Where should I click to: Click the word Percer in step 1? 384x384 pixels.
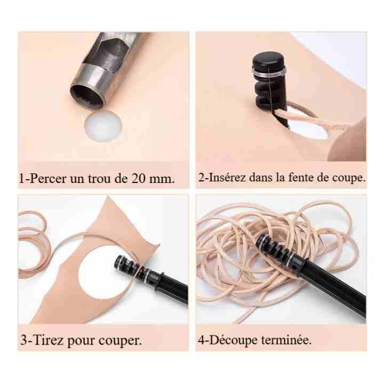coord(48,179)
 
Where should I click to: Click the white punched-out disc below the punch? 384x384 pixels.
coord(103,126)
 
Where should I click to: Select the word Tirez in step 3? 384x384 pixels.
coord(48,340)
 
